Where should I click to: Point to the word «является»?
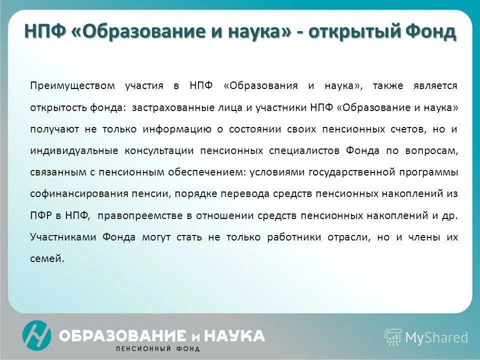[435, 86]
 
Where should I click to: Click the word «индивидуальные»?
[74, 150]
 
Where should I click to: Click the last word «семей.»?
[47, 258]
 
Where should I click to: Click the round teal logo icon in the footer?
[36, 335]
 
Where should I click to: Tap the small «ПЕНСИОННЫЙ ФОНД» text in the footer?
[157, 348]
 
